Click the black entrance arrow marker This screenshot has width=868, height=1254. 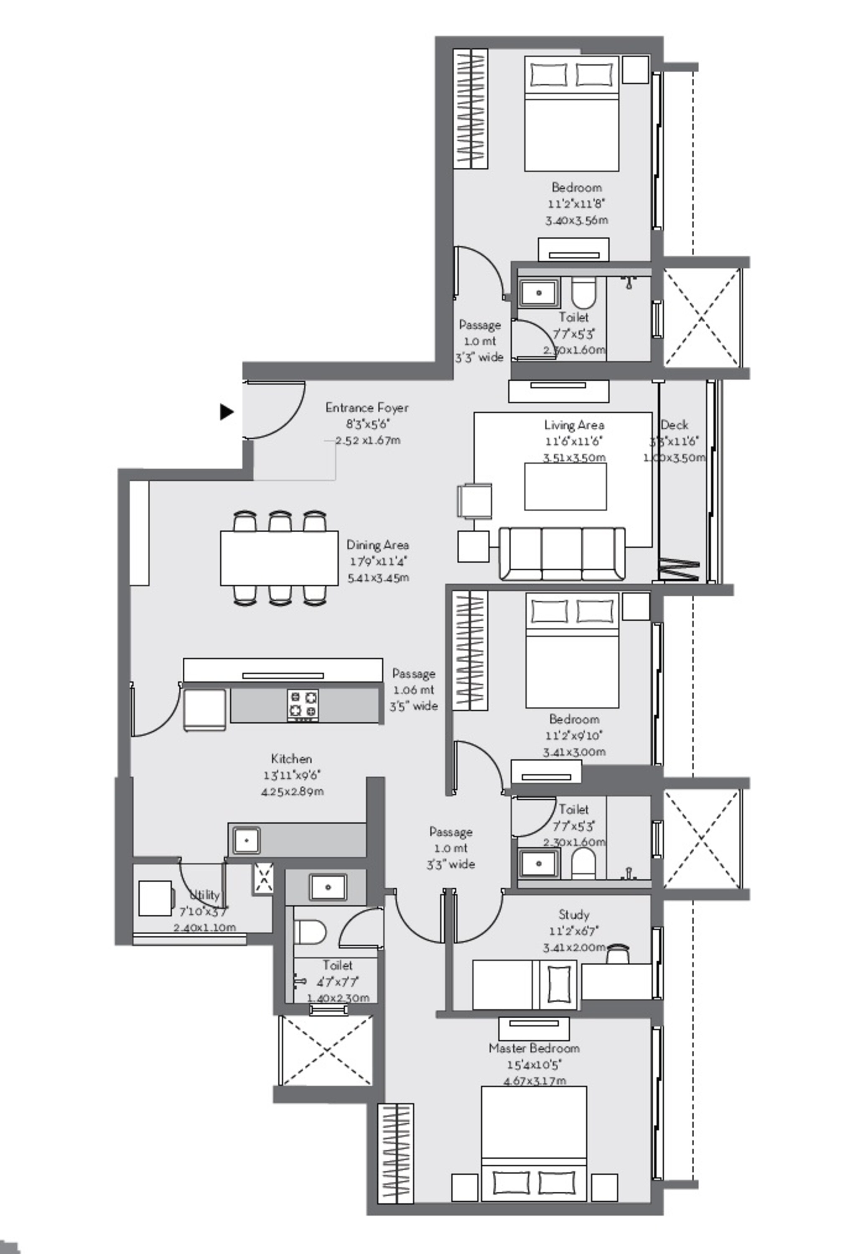[x=226, y=412]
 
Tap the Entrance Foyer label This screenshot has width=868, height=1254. [x=367, y=408]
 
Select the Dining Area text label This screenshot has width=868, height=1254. [x=377, y=545]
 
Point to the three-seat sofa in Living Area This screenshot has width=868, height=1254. [x=562, y=553]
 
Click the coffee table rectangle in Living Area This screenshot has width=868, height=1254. [x=565, y=487]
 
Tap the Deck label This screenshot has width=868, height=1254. [x=675, y=425]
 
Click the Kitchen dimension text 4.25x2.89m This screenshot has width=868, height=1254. [x=292, y=792]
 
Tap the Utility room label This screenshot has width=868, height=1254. [x=204, y=895]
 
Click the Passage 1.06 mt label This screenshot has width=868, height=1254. [x=414, y=689]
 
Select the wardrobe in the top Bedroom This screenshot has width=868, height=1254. [x=471, y=108]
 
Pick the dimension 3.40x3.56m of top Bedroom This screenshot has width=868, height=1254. [x=576, y=220]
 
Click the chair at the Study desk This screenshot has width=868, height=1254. [x=618, y=953]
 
